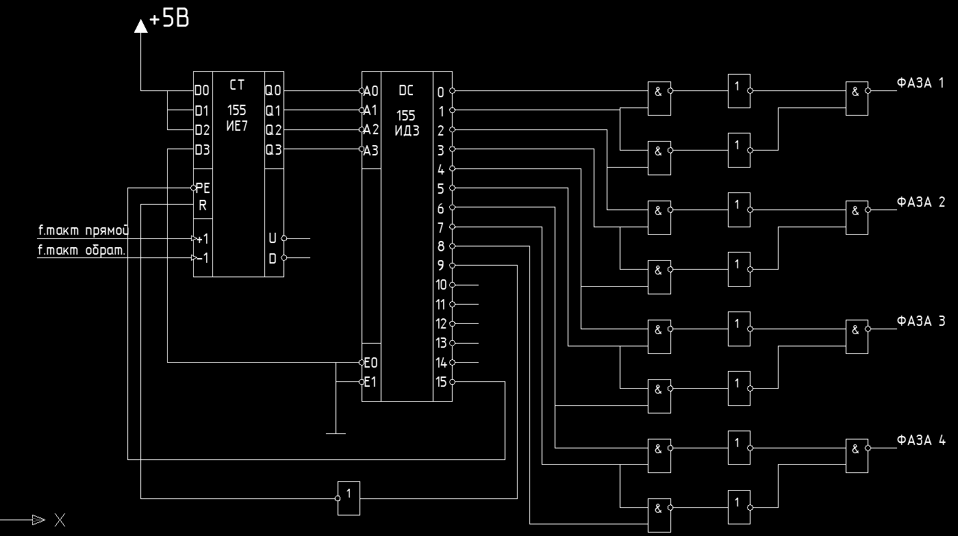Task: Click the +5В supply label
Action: (x=169, y=19)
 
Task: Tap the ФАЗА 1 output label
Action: (x=920, y=84)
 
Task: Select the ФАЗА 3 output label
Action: (x=920, y=321)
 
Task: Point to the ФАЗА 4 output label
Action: (x=920, y=440)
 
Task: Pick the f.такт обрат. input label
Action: (x=81, y=250)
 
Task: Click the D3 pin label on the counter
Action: (x=202, y=149)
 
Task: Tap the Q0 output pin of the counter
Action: (x=273, y=90)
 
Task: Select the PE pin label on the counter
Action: (x=203, y=188)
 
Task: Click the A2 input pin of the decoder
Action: (x=370, y=129)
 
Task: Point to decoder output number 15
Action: (x=440, y=381)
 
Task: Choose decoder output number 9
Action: (x=441, y=265)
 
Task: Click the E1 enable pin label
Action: (x=370, y=382)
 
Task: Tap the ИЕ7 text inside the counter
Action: (x=236, y=124)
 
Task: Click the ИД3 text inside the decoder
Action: (x=407, y=131)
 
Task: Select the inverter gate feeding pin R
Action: (x=349, y=498)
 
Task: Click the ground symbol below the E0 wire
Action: (x=336, y=433)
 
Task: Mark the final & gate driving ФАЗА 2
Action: (x=857, y=218)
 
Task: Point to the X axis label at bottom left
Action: (x=60, y=520)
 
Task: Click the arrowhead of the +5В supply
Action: (x=140, y=27)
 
